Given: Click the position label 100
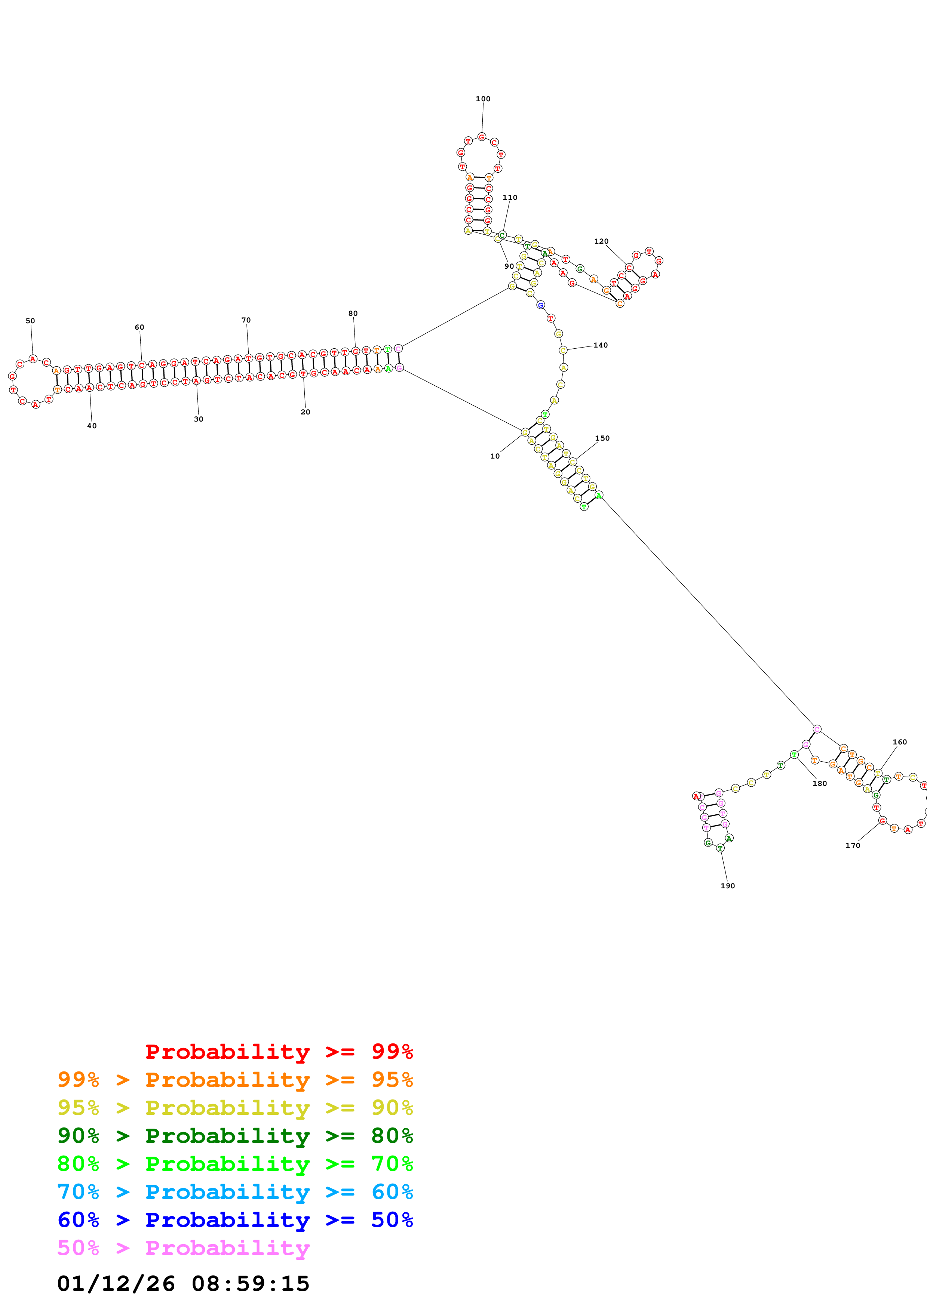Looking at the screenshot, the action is pos(483,99).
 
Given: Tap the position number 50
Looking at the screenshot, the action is pos(30,321).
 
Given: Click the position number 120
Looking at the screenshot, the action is pos(601,241).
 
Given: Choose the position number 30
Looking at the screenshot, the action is pos(198,419).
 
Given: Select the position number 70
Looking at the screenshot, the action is pos(246,320).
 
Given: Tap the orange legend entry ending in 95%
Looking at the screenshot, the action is pos(235,1080).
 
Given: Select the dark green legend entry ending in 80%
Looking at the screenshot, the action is pos(235,1136).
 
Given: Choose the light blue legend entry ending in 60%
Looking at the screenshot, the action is pos(235,1192).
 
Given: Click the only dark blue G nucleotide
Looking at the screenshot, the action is pos(540,305).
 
